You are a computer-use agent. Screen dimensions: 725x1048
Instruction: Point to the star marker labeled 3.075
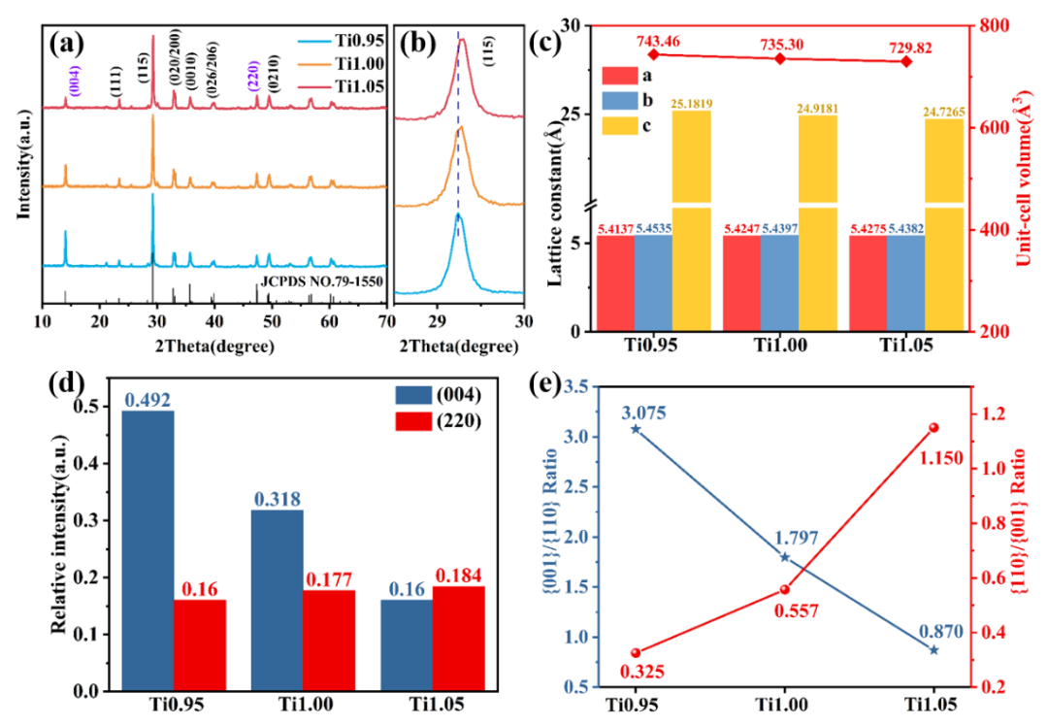tap(636, 428)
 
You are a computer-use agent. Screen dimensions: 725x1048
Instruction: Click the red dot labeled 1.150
tap(933, 428)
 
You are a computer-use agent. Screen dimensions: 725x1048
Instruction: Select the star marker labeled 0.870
tap(933, 649)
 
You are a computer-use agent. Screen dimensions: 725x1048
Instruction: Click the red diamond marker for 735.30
tap(781, 59)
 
